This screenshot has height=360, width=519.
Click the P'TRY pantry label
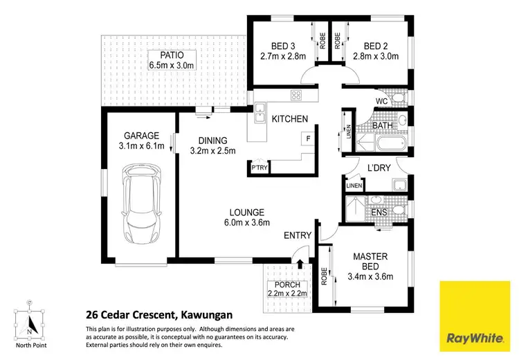click(x=259, y=168)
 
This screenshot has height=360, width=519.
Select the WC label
click(x=381, y=101)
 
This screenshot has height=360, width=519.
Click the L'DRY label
click(x=379, y=169)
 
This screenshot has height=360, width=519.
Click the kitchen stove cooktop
click(x=296, y=95)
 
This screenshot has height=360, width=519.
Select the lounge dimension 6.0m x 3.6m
click(x=246, y=222)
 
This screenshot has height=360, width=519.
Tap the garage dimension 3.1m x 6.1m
click(x=141, y=146)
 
